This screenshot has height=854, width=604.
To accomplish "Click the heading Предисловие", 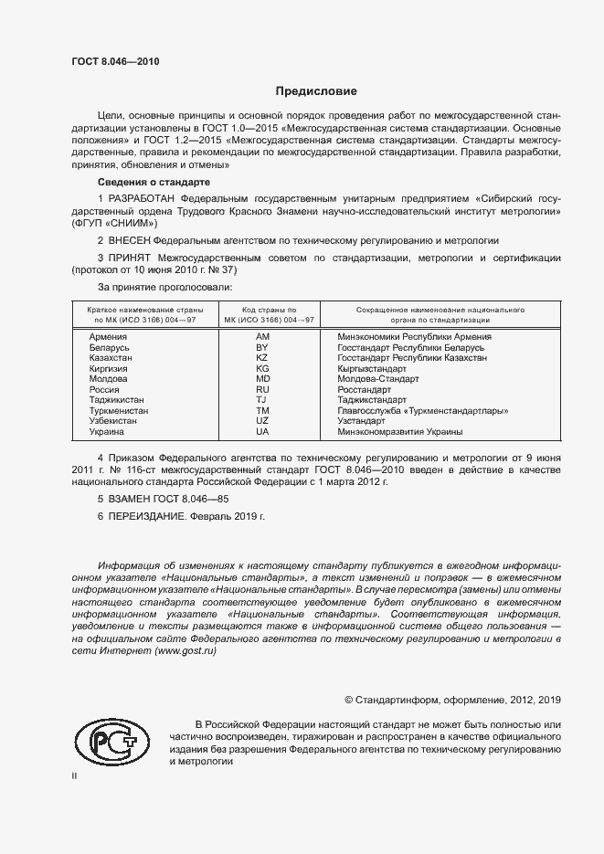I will (316, 91).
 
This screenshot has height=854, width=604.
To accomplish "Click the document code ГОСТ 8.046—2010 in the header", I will (115, 61).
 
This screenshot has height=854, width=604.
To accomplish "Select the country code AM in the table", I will (262, 337).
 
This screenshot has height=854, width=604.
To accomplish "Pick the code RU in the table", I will (262, 389).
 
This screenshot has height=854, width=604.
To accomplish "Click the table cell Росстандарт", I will (365, 389).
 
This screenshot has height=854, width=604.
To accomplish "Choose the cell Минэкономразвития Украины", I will (399, 431).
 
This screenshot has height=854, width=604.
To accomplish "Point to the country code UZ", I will (262, 420).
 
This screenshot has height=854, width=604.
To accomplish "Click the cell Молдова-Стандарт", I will (377, 378).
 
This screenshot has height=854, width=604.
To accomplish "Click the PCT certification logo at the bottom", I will (111, 743).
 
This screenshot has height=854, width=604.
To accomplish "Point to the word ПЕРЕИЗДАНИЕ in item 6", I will (146, 516).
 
